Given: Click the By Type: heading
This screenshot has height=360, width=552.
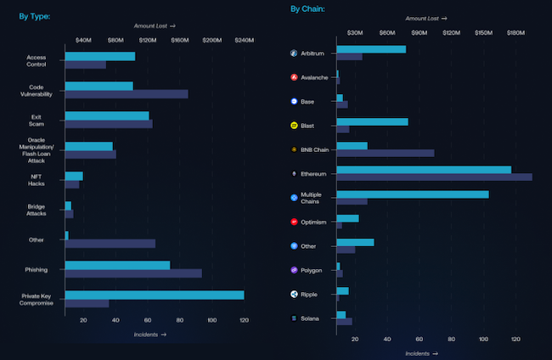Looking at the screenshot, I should click(x=36, y=15).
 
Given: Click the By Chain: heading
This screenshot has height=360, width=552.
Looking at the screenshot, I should click(x=307, y=9).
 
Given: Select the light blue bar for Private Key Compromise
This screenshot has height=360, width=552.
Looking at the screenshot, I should click(x=154, y=295).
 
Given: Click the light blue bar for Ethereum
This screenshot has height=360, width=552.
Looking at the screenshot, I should click(x=424, y=170).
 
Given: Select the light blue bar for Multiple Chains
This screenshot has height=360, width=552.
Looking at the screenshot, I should click(x=413, y=194).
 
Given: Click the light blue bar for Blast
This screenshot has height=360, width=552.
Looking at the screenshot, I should click(x=372, y=121).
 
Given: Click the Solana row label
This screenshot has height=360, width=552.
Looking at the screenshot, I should click(x=310, y=318).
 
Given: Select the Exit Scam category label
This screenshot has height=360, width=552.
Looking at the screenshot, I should click(x=37, y=120).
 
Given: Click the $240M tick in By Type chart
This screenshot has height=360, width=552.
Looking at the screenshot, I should click(x=244, y=40).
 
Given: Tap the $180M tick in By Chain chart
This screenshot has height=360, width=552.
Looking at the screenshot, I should click(x=515, y=32).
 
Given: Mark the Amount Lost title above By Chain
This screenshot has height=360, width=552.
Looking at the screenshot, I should click(x=425, y=18).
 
